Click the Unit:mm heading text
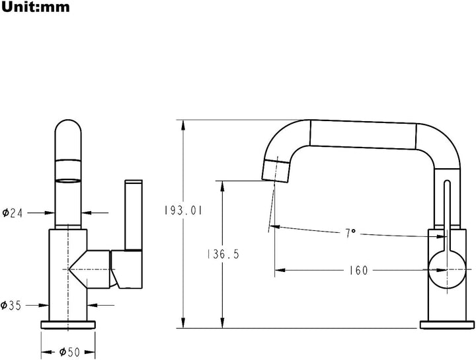point(36,7)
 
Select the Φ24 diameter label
point(13,213)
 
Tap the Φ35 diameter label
point(11,305)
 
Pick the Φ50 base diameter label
point(69,352)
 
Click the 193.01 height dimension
point(182,210)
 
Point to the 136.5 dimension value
point(223,254)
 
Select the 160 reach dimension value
point(358,270)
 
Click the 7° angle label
point(350,233)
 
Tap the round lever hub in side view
point(447,270)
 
